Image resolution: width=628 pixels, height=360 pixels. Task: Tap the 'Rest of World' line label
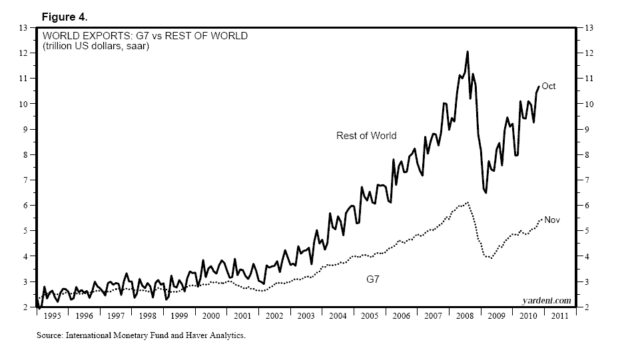pyautogui.click(x=366, y=136)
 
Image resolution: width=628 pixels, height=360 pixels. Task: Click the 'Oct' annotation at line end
pyautogui.click(x=548, y=87)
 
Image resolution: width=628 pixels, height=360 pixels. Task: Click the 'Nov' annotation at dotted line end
pyautogui.click(x=552, y=219)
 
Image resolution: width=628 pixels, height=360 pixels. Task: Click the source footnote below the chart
pyautogui.click(x=141, y=336)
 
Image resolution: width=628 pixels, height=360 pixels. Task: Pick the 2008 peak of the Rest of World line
pyautogui.click(x=467, y=51)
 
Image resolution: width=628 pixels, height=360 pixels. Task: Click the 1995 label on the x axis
pyautogui.click(x=53, y=316)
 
